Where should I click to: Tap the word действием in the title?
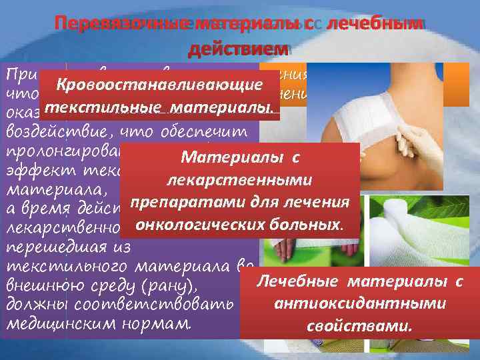click(x=238, y=49)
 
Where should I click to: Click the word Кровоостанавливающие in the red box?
click(x=158, y=86)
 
